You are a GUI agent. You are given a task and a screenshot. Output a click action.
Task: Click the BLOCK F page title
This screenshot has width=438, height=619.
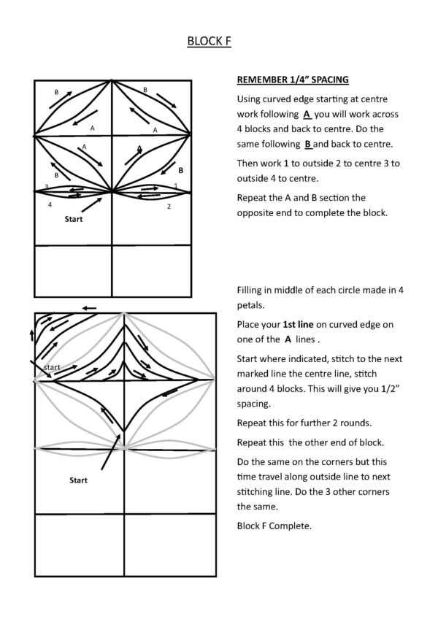[x=210, y=42]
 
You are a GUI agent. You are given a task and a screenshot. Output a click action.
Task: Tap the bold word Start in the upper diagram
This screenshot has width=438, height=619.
[x=73, y=218]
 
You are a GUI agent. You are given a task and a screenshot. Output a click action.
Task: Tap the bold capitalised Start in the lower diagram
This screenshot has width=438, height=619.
[x=78, y=480]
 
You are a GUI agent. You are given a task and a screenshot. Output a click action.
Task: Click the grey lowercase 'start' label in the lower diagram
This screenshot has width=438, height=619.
[x=53, y=367]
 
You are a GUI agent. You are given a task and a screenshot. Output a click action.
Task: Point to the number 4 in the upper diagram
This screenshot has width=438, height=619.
[x=50, y=204]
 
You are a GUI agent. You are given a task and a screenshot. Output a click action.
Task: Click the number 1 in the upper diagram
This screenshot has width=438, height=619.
[x=176, y=186]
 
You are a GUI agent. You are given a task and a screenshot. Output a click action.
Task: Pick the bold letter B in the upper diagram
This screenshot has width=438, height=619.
[x=180, y=169]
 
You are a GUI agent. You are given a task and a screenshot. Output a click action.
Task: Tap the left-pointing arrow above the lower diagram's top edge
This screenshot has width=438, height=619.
[x=89, y=308]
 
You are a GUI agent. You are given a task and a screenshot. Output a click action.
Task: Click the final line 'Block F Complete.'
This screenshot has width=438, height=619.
[x=274, y=523]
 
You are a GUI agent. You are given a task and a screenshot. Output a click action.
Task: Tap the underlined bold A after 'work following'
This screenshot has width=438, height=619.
[x=307, y=115]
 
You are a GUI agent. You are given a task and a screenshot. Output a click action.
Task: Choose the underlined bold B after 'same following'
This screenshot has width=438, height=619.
[x=307, y=145]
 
